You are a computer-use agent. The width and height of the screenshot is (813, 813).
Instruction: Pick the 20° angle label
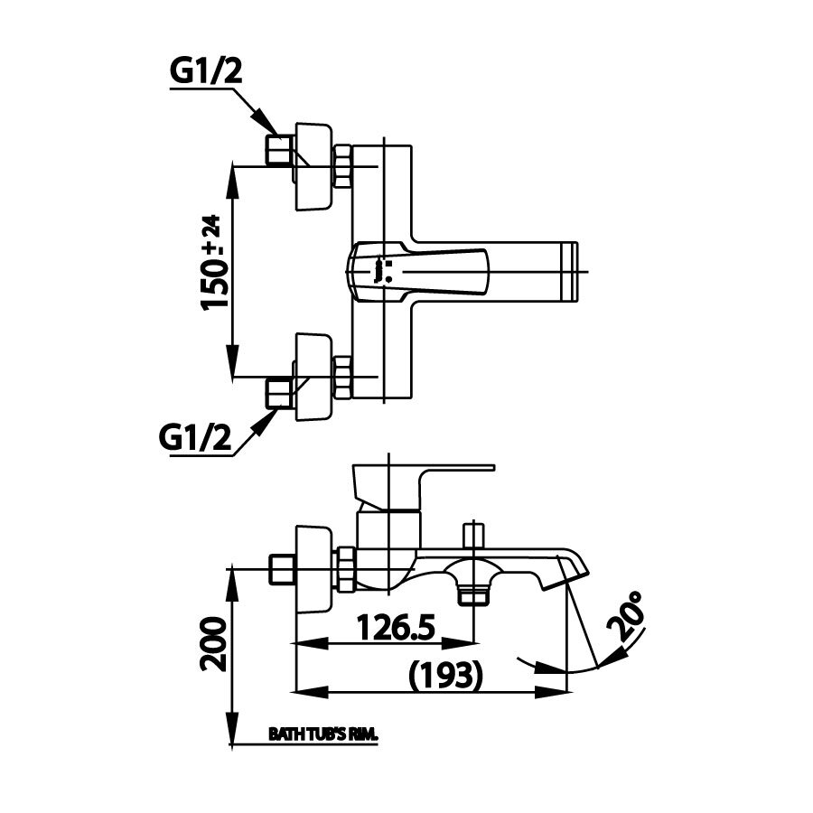coord(630,617)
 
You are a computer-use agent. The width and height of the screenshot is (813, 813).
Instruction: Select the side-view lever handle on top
coord(425,479)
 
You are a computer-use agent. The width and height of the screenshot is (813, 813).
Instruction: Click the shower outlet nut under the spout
coord(472,595)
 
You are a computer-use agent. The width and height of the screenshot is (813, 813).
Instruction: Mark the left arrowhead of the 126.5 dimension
coord(307,643)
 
